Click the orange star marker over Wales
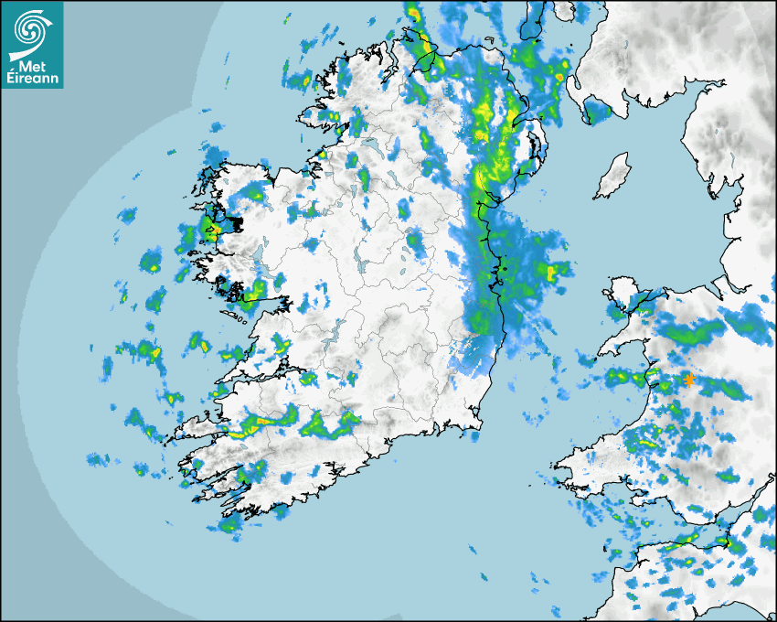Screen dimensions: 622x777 [688, 380]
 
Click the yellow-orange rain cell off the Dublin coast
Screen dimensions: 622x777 [553, 271]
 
